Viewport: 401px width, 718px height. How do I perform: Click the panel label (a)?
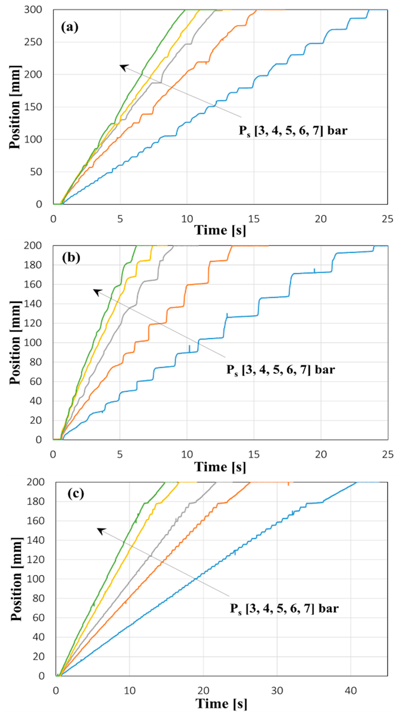[x=70, y=28]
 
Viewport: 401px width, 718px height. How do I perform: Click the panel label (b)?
[x=71, y=258]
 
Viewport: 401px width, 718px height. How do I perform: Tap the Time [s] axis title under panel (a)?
[x=220, y=230]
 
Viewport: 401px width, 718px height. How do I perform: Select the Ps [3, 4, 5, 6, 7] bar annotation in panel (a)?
[x=293, y=130]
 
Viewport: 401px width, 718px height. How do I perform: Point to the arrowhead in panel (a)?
[x=122, y=66]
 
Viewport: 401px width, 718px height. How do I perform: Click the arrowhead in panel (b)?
[x=95, y=291]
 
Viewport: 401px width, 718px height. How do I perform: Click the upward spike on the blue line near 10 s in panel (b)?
[x=190, y=348]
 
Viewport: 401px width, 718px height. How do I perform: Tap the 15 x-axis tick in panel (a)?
[x=254, y=219]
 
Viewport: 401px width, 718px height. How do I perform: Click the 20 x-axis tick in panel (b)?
[x=321, y=455]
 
